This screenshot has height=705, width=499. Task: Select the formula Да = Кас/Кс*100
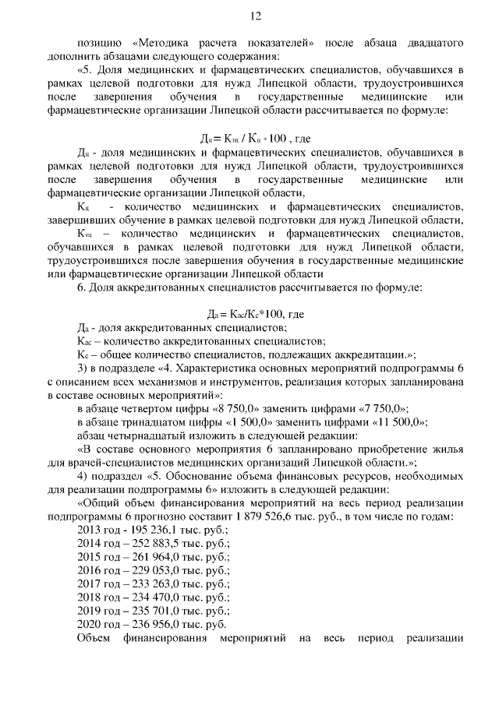coord(255,314)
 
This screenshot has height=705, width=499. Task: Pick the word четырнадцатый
coord(150,436)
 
